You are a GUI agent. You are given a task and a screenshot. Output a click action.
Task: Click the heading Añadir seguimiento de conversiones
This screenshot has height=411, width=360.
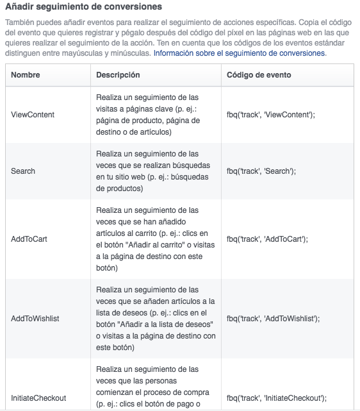pyautogui.click(x=83, y=7)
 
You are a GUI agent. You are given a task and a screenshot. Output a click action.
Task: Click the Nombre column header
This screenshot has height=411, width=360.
pyautogui.click(x=26, y=75)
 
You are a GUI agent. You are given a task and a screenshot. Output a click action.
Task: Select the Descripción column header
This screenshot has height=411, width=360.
pyautogui.click(x=118, y=75)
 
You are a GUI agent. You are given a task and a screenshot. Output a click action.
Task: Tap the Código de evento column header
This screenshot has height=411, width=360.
pyautogui.click(x=259, y=75)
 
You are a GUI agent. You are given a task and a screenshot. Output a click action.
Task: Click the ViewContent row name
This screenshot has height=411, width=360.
pyautogui.click(x=33, y=115)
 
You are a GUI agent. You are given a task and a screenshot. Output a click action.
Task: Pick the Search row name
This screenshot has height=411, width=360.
pyautogui.click(x=23, y=171)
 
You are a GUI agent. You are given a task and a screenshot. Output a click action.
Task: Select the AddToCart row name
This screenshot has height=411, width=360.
pyautogui.click(x=29, y=239)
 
